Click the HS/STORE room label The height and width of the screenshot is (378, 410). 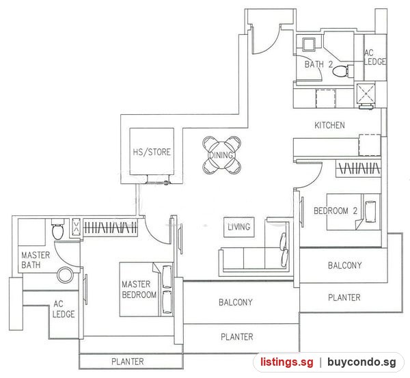(x=152, y=152)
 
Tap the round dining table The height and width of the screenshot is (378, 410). (x=221, y=155)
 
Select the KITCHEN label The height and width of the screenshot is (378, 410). (x=329, y=125)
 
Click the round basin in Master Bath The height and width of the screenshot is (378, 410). (x=66, y=275)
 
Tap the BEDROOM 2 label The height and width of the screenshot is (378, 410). (x=336, y=211)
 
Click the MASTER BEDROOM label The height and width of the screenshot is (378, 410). (x=139, y=290)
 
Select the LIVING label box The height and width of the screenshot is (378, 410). (x=239, y=227)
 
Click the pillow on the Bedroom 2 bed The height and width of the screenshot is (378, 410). (x=370, y=212)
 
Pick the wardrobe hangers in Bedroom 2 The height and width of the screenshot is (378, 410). (x=359, y=168)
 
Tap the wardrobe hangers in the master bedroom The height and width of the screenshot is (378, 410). (x=110, y=228)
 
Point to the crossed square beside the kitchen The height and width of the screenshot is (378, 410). (x=366, y=94)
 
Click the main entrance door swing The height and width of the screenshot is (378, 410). (x=264, y=39)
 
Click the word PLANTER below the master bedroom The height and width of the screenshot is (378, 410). (x=128, y=362)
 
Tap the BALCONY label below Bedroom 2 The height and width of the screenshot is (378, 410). (x=345, y=265)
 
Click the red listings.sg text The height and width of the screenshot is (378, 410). (x=286, y=362)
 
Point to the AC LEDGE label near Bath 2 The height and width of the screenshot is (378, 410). (x=374, y=57)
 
